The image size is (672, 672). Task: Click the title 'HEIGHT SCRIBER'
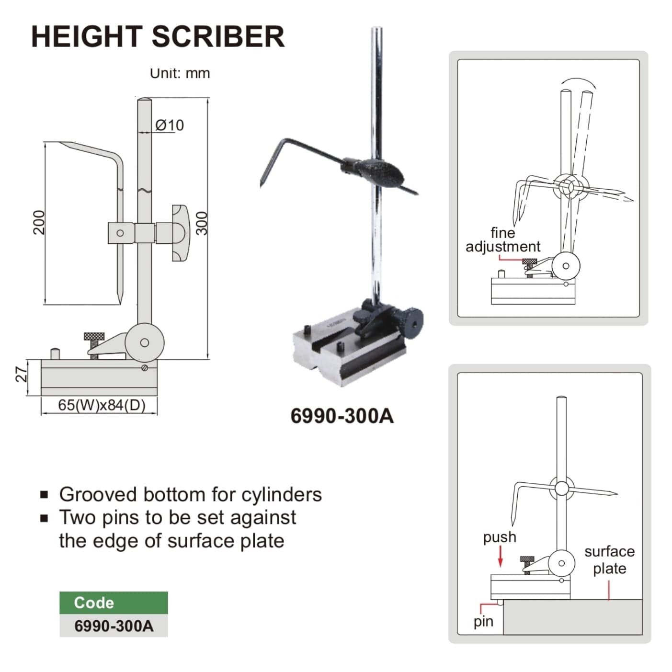tap(158, 36)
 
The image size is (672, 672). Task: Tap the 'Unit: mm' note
tap(180, 73)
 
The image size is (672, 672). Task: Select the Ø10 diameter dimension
tap(170, 125)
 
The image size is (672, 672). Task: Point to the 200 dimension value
tap(38, 222)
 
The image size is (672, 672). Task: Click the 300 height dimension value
tap(202, 223)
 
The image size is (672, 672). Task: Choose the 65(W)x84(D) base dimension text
tap(102, 405)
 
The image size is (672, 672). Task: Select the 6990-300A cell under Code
tap(114, 626)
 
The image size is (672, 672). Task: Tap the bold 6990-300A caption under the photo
tap(342, 416)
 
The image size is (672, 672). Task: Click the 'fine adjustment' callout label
tap(502, 239)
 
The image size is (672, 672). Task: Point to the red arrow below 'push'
tap(501, 557)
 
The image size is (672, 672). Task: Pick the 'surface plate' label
tap(609, 559)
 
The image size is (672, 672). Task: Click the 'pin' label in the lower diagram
tap(483, 621)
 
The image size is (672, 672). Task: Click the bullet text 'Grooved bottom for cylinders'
tap(190, 494)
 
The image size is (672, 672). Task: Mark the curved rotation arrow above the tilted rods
tap(579, 80)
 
